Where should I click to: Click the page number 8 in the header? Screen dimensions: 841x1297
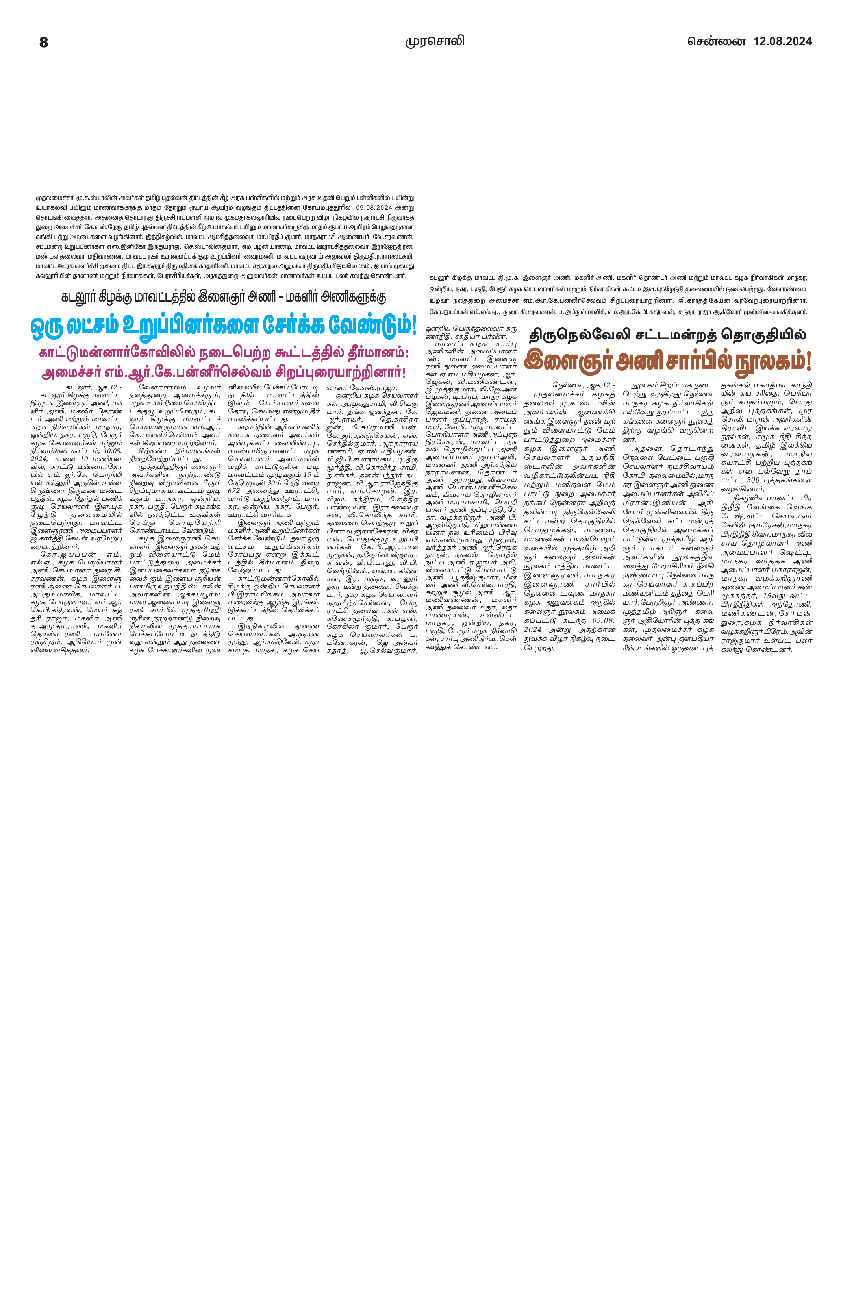[44, 43]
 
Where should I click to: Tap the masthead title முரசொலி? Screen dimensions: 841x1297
[434, 41]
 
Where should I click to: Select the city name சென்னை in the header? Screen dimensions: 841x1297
[716, 41]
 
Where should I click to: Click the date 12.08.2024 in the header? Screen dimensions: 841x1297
[782, 41]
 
